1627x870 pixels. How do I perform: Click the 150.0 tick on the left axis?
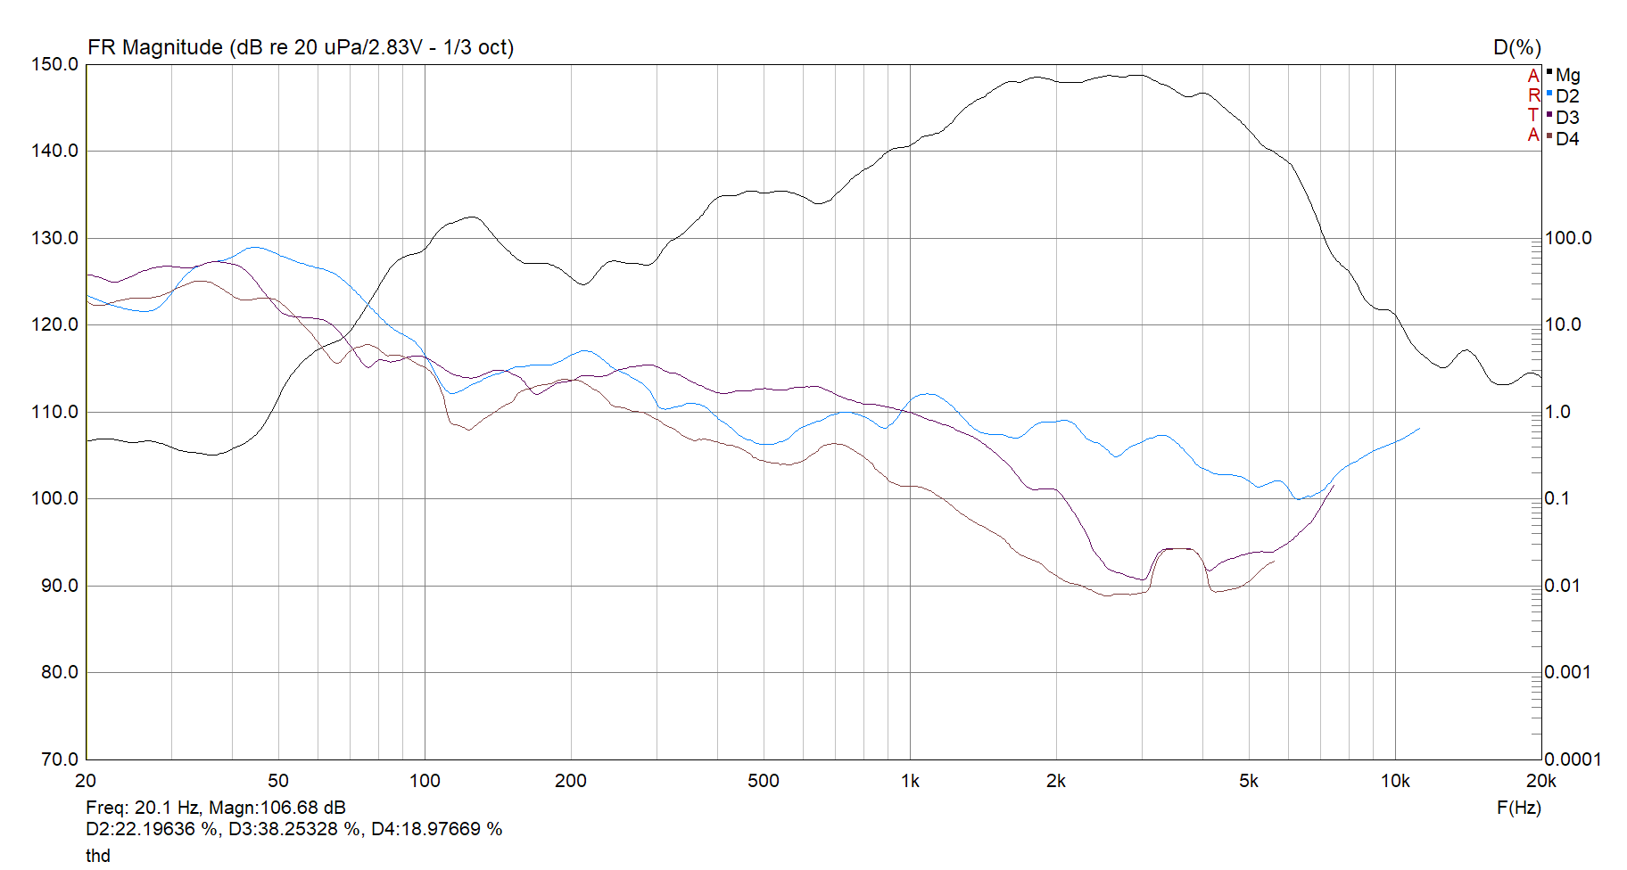tap(55, 64)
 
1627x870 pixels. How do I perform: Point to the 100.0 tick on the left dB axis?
tap(55, 498)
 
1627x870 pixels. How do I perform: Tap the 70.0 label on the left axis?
tap(60, 759)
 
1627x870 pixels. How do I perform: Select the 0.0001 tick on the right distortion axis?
tap(1573, 759)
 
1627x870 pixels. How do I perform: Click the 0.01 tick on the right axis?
tap(1563, 586)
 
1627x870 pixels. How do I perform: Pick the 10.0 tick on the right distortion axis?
tap(1563, 324)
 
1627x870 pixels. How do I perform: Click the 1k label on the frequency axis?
tap(910, 782)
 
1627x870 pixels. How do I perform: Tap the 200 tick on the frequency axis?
tap(571, 782)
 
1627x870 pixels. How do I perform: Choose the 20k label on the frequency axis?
tap(1540, 782)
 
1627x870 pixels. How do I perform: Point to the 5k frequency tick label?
tap(1249, 782)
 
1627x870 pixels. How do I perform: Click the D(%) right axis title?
tap(1517, 47)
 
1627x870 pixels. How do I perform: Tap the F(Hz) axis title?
tap(1518, 808)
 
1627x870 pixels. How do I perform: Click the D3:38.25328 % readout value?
tap(295, 829)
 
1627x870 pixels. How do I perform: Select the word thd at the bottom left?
tap(98, 856)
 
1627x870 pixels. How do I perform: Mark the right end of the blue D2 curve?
tap(1418, 429)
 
